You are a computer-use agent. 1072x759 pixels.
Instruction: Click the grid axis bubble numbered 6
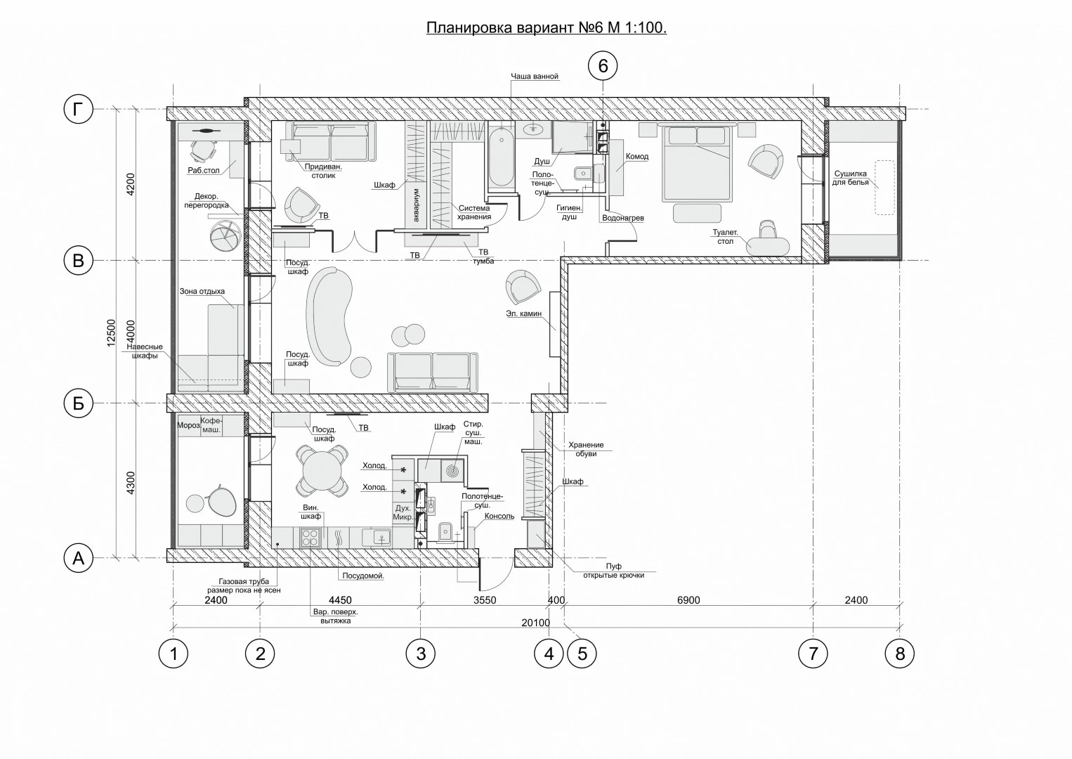click(603, 65)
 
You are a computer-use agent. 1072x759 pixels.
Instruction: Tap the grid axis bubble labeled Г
click(78, 109)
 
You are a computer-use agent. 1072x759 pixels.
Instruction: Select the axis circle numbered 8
click(900, 654)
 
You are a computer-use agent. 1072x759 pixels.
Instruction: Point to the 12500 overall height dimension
click(111, 333)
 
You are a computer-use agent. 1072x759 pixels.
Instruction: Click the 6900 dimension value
click(688, 600)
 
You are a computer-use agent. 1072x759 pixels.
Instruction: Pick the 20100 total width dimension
click(535, 623)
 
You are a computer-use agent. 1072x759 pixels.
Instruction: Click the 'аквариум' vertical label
click(416, 205)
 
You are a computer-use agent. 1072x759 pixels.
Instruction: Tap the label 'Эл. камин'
click(523, 313)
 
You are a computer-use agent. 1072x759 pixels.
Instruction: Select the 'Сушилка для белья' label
click(851, 178)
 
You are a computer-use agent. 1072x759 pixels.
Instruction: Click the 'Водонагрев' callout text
click(622, 218)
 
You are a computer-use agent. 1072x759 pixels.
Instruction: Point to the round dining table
click(322, 471)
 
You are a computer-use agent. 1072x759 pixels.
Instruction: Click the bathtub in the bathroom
click(501, 155)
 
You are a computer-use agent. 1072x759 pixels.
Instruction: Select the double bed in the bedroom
click(697, 163)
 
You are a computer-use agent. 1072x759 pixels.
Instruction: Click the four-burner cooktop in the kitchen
click(310, 538)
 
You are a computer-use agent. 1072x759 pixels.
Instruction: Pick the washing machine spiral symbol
click(452, 471)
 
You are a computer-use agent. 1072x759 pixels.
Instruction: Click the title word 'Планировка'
click(469, 28)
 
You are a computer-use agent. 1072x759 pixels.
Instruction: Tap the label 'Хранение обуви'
click(586, 449)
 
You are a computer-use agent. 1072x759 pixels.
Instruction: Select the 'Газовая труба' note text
click(244, 581)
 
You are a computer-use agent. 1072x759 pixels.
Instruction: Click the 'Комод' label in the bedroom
click(637, 157)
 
